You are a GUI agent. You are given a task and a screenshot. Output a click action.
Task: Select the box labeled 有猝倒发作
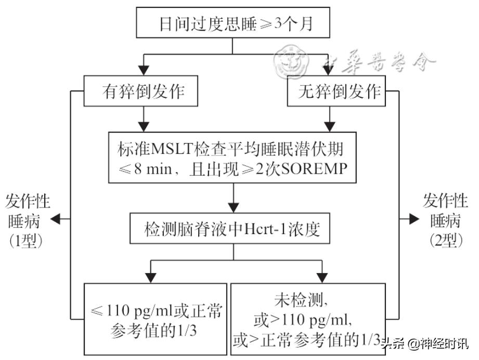point(142,92)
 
